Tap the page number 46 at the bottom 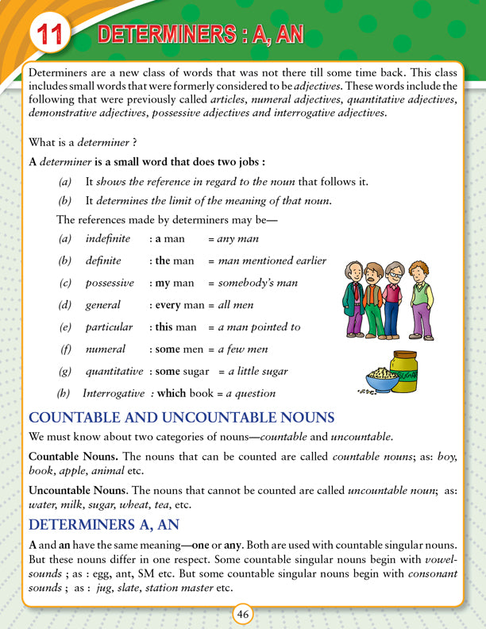(x=243, y=615)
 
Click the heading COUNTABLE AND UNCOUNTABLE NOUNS (x=181, y=418)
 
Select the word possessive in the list (x=110, y=283)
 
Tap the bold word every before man (x=169, y=305)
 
